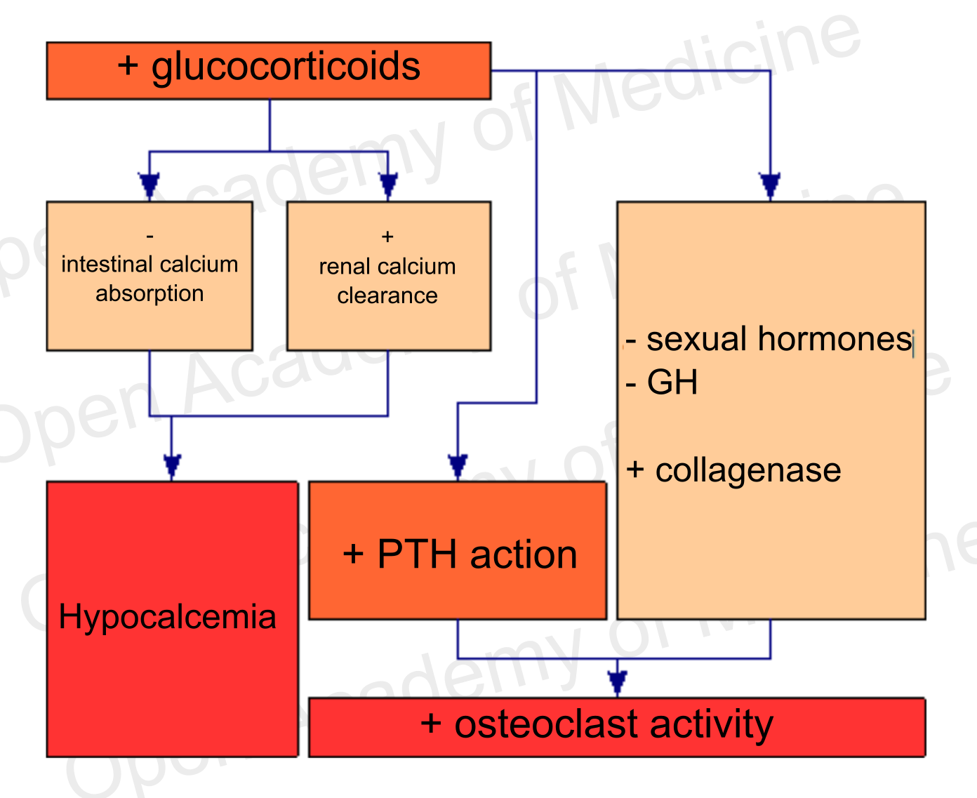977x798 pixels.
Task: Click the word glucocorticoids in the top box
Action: point(286,68)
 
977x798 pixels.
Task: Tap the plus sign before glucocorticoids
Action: point(128,65)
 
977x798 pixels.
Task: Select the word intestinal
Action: point(105,265)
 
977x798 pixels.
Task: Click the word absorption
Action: point(149,293)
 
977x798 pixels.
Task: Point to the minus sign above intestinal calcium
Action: point(149,237)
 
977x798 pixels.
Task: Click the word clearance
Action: point(387,295)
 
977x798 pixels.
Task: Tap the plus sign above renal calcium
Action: point(387,237)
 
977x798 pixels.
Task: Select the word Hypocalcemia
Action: point(167,617)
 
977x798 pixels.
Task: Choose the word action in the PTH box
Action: point(524,554)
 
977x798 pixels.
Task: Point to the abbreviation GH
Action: point(672,383)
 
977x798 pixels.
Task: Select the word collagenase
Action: point(747,470)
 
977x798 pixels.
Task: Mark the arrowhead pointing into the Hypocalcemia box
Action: point(172,467)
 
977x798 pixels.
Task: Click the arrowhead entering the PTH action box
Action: point(458,467)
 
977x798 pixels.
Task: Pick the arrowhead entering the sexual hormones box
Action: point(770,186)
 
